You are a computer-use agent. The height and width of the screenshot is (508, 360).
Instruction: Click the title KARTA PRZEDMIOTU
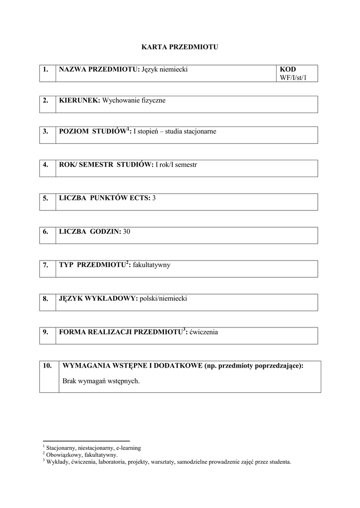(x=180, y=47)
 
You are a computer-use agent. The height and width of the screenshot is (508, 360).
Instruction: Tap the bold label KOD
(x=288, y=69)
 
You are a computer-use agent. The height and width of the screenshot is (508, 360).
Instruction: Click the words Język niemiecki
(x=164, y=69)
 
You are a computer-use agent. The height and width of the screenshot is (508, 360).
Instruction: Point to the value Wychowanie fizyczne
(x=134, y=101)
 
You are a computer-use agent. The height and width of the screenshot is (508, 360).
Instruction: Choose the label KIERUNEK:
(x=79, y=101)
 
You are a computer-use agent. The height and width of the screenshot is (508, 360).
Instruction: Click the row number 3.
(x=46, y=132)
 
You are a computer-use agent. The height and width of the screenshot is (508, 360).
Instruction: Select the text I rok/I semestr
(x=176, y=164)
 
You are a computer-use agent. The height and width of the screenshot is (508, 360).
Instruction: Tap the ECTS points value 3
(x=154, y=198)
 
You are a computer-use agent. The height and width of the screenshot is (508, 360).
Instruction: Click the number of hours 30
(x=127, y=232)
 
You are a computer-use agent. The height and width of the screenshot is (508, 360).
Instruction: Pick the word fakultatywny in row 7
(x=151, y=265)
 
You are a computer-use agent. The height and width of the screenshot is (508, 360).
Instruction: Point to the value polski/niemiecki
(x=163, y=299)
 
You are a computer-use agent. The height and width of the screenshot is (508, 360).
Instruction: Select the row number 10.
(x=47, y=366)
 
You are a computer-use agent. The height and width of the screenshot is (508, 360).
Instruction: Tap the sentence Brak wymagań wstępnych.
(x=101, y=381)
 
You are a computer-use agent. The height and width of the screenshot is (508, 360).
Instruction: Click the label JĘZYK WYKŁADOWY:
(x=98, y=299)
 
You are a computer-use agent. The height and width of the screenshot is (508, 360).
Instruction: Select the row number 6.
(x=46, y=232)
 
